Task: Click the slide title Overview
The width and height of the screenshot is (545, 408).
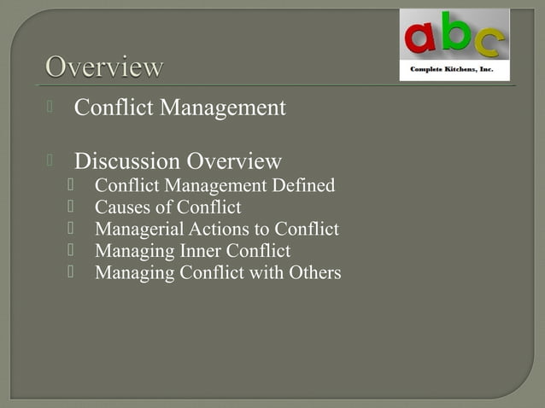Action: [103, 67]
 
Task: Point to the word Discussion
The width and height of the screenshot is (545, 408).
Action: [127, 161]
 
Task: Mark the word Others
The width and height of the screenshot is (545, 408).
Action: [314, 273]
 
